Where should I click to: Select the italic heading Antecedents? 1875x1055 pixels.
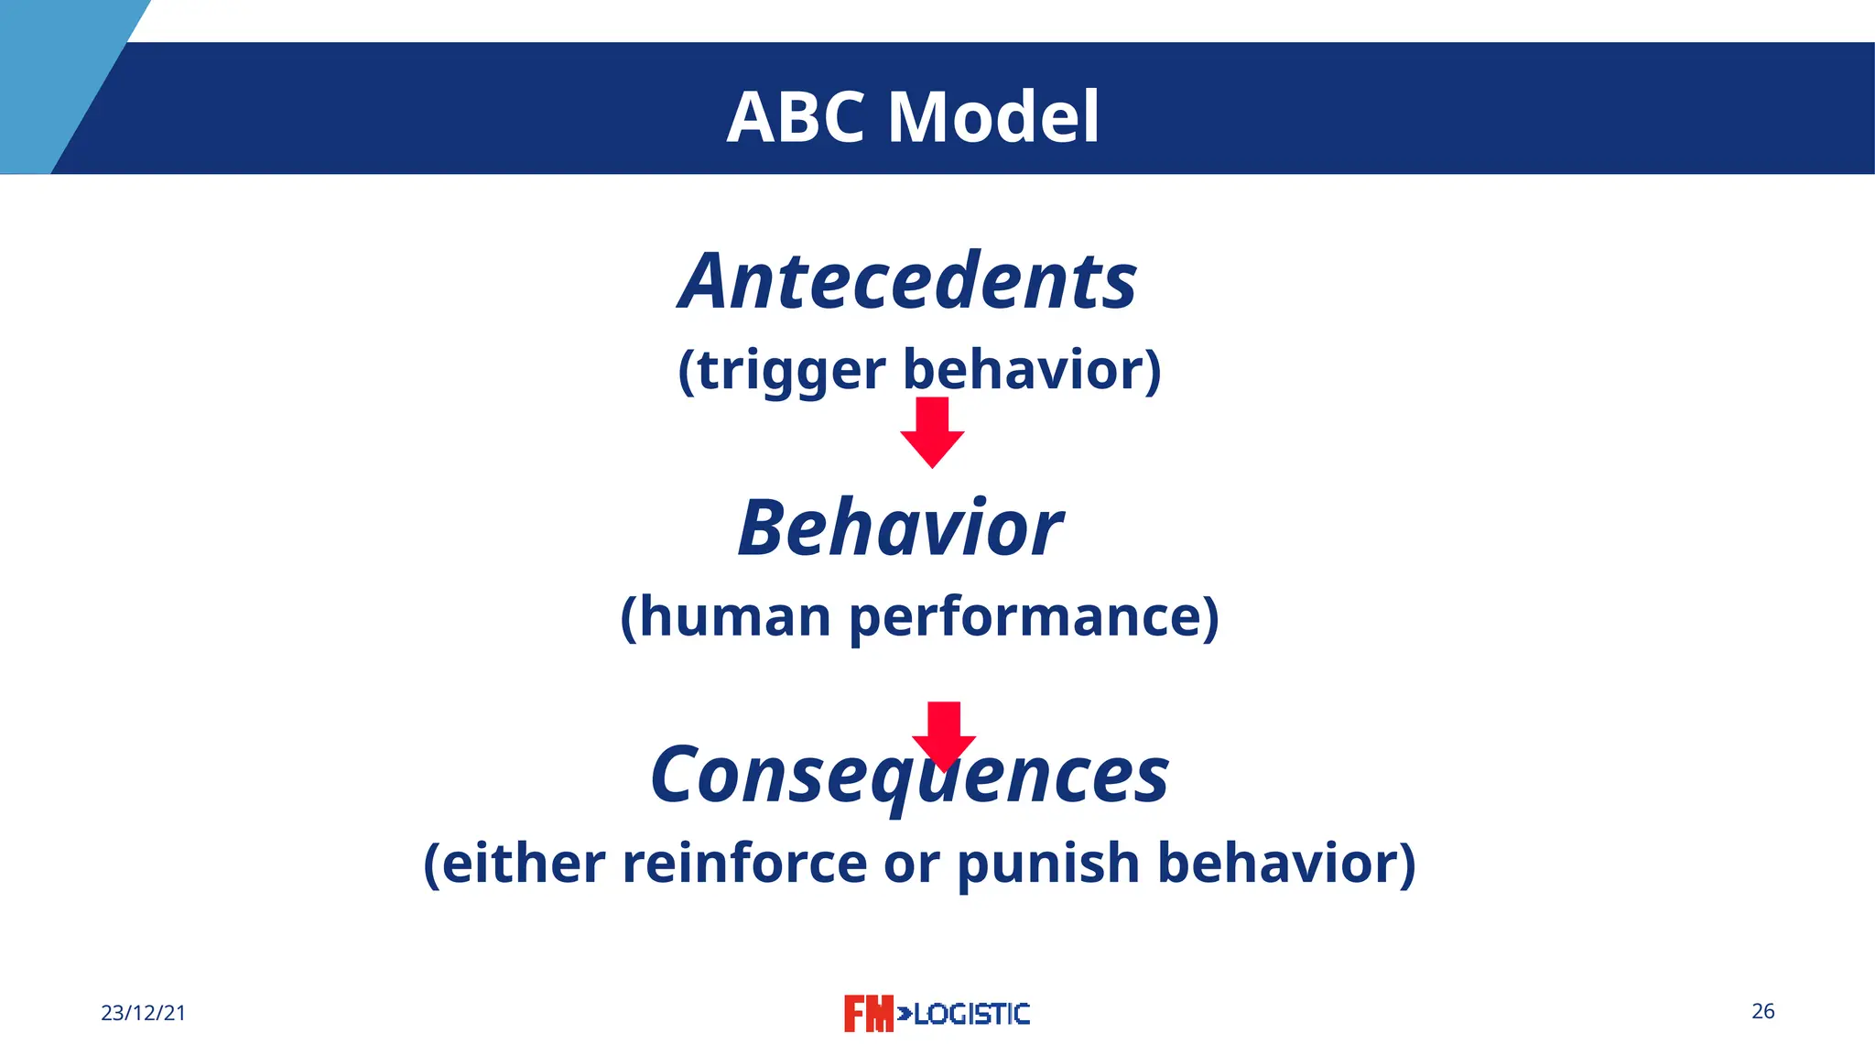pos(907,281)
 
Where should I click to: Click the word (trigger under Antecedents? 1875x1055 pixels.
pos(781,371)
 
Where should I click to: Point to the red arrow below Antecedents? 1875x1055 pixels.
pos(932,432)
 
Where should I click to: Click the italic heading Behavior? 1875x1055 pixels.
pos(900,528)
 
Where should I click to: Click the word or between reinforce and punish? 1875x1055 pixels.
pos(911,865)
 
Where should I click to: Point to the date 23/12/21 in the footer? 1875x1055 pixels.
pos(143,1013)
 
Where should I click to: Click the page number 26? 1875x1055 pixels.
pos(1762,1011)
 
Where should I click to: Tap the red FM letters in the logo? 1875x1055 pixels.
pos(868,1013)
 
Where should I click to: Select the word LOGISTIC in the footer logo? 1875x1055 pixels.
pos(971,1014)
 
